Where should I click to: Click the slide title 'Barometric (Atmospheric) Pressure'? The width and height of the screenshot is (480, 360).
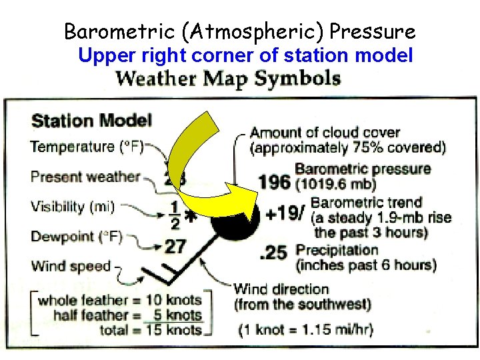click(239, 31)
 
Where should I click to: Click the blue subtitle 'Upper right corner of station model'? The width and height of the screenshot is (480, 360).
click(245, 55)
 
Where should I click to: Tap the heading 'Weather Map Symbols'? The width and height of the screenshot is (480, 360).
click(228, 79)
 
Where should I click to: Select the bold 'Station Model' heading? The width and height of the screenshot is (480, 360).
click(92, 121)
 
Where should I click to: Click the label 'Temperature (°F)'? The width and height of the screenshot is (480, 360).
click(87, 147)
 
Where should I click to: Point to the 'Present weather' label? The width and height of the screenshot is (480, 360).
click(85, 177)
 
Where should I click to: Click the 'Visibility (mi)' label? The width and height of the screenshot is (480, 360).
click(73, 207)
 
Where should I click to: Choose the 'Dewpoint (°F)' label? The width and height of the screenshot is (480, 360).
click(77, 237)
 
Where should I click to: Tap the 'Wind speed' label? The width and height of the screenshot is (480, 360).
click(71, 267)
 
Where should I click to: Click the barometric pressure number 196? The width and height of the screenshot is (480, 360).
click(274, 182)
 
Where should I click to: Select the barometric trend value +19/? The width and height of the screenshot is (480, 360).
click(285, 214)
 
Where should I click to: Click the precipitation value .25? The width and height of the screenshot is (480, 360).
click(274, 253)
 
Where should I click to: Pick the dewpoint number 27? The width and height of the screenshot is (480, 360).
click(175, 247)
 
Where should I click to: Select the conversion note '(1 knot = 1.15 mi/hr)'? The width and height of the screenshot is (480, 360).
click(306, 329)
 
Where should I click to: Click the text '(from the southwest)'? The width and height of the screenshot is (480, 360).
click(302, 305)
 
